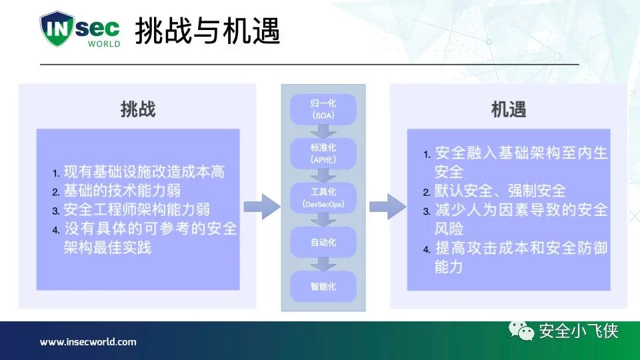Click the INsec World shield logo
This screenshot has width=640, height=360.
tap(80, 29)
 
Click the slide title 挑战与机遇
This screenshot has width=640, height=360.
tap(207, 31)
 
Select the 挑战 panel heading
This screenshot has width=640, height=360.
tap(138, 109)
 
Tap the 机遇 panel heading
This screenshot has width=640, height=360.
tap(509, 109)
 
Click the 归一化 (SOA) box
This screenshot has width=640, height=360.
tap(323, 109)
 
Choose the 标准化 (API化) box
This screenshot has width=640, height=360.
tap(323, 153)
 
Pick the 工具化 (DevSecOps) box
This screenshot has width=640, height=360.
tap(323, 197)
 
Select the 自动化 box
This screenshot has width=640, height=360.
tap(323, 242)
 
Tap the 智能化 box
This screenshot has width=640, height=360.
tap(323, 286)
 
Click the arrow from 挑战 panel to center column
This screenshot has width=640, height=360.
tap(261, 207)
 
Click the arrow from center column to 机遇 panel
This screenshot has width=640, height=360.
tap(387, 207)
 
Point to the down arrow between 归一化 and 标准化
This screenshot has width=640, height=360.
tap(323, 131)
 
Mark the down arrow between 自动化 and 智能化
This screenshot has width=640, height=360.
tap(323, 264)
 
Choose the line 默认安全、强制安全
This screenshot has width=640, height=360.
tap(500, 191)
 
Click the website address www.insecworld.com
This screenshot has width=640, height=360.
tap(88, 342)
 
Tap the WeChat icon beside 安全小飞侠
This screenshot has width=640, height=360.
tap(521, 331)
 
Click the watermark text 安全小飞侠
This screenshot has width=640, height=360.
tap(578, 331)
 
